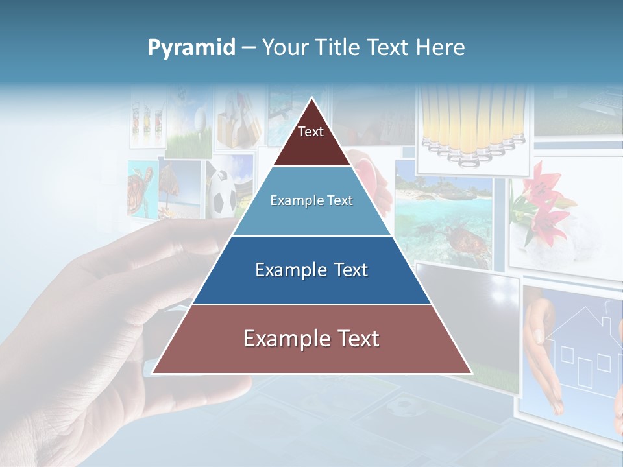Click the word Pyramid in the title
pos(191,48)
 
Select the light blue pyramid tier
pos(311,201)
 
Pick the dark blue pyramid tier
pos(311,270)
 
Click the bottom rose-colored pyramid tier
pos(311,339)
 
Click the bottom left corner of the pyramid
pos(153,373)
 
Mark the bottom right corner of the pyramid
pos(471,373)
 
